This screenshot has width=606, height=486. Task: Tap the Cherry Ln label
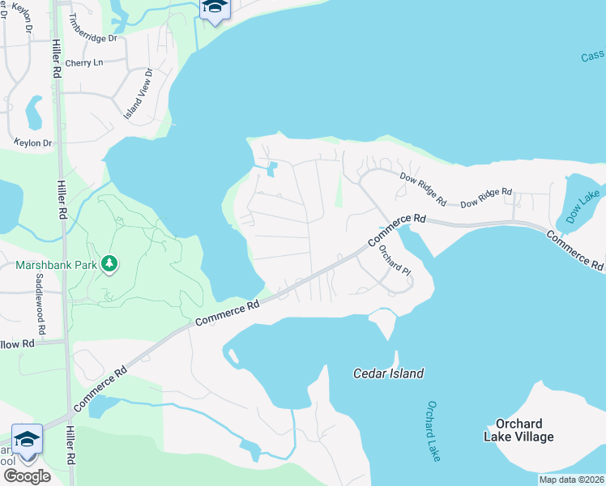[85, 62]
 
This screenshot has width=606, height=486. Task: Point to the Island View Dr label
[138, 95]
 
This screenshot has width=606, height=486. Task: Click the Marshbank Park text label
[54, 265]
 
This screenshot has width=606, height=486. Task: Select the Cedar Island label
[388, 373]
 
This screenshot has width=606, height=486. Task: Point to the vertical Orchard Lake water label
[433, 431]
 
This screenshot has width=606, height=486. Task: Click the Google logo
[27, 475]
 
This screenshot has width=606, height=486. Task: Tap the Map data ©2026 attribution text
[571, 480]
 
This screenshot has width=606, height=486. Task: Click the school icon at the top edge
[215, 8]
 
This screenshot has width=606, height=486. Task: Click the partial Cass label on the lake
[592, 56]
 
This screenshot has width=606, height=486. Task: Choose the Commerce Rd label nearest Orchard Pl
[397, 230]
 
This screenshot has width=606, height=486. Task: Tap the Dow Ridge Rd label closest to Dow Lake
[486, 198]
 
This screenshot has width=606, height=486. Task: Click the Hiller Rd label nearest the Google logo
[70, 445]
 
